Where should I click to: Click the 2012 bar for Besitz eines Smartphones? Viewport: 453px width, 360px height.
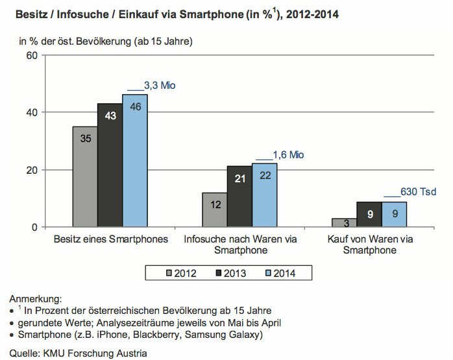(x=85, y=176)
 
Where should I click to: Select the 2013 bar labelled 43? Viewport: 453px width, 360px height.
(x=110, y=165)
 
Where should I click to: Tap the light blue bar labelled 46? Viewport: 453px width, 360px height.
(x=135, y=161)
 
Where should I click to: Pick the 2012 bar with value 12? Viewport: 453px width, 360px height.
(x=214, y=210)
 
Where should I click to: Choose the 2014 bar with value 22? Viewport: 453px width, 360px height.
(x=264, y=195)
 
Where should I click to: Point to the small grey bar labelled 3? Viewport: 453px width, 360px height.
(x=343, y=222)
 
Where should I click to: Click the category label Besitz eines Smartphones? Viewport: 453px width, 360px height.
(x=111, y=239)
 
